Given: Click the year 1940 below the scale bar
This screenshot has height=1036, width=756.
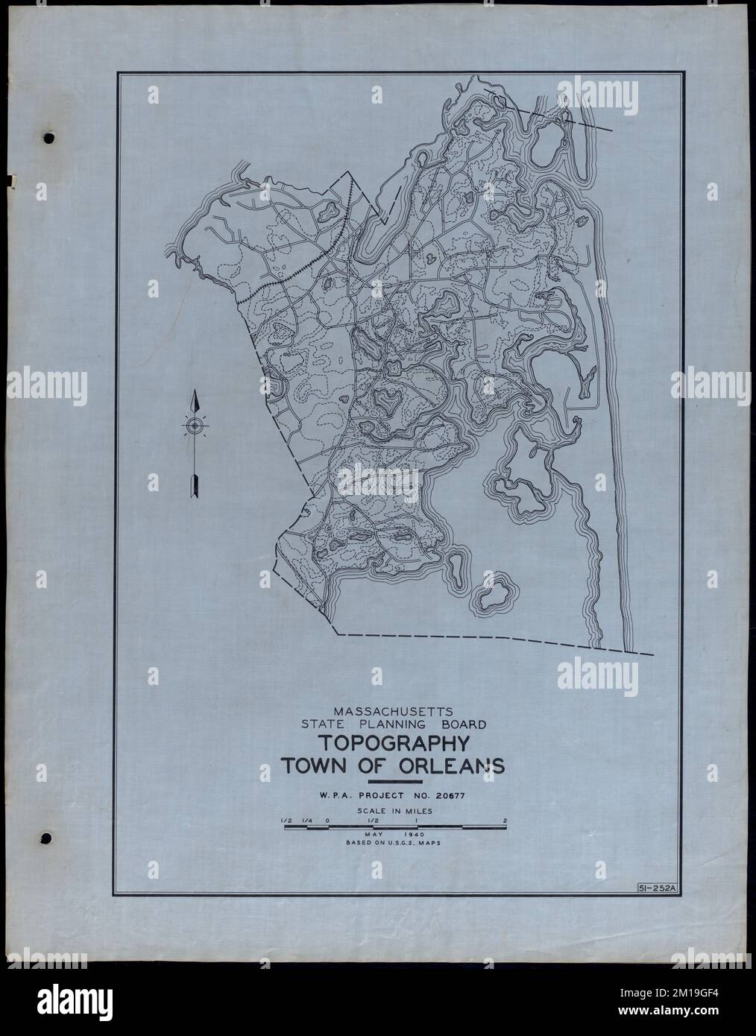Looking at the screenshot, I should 412,835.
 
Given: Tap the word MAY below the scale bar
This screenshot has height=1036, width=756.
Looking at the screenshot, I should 374,835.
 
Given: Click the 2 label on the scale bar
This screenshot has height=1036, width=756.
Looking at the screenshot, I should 505,821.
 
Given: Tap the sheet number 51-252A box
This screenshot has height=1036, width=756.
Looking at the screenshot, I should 656,888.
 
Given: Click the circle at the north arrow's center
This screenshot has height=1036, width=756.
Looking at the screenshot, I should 194,426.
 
